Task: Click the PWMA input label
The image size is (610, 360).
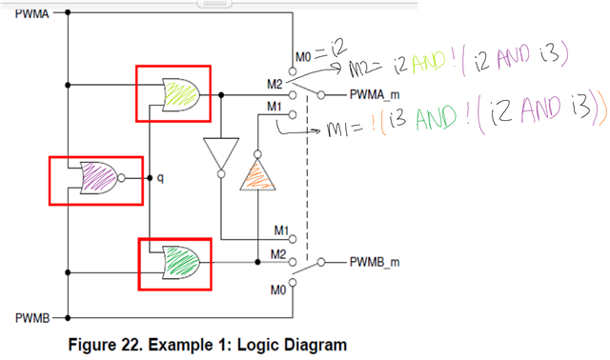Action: tap(31, 14)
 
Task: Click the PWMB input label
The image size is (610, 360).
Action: tap(31, 315)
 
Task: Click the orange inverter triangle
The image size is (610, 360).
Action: tap(256, 175)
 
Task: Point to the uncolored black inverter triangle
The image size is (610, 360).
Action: tap(219, 152)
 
